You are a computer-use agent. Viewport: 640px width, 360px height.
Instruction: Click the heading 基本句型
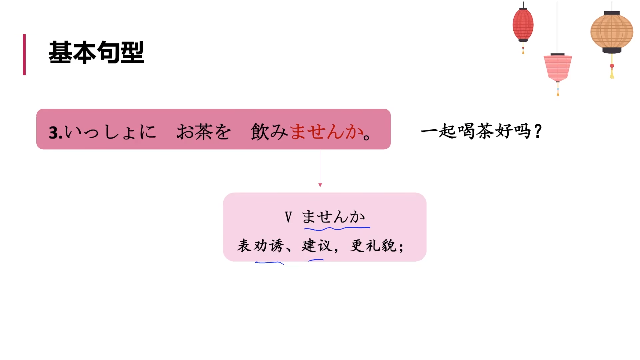(96, 53)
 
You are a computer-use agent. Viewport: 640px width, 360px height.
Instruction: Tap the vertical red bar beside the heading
(24, 55)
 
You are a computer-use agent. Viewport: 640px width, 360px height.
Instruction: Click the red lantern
(523, 25)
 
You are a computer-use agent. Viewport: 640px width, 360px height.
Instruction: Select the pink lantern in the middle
(558, 68)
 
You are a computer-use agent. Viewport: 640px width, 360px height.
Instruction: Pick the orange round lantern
(612, 32)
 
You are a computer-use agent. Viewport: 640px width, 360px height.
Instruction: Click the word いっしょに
(110, 132)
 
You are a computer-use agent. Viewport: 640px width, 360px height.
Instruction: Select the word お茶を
(203, 132)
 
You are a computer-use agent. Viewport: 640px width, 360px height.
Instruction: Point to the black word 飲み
(269, 132)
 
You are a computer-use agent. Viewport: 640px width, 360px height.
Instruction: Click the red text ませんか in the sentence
(327, 132)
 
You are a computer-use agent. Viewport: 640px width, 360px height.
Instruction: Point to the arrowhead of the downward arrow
(320, 185)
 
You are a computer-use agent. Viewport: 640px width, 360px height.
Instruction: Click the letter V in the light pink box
(288, 217)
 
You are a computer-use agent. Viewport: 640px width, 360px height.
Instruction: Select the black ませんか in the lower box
(333, 217)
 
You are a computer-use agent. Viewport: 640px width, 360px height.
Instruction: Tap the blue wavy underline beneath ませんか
(337, 229)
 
